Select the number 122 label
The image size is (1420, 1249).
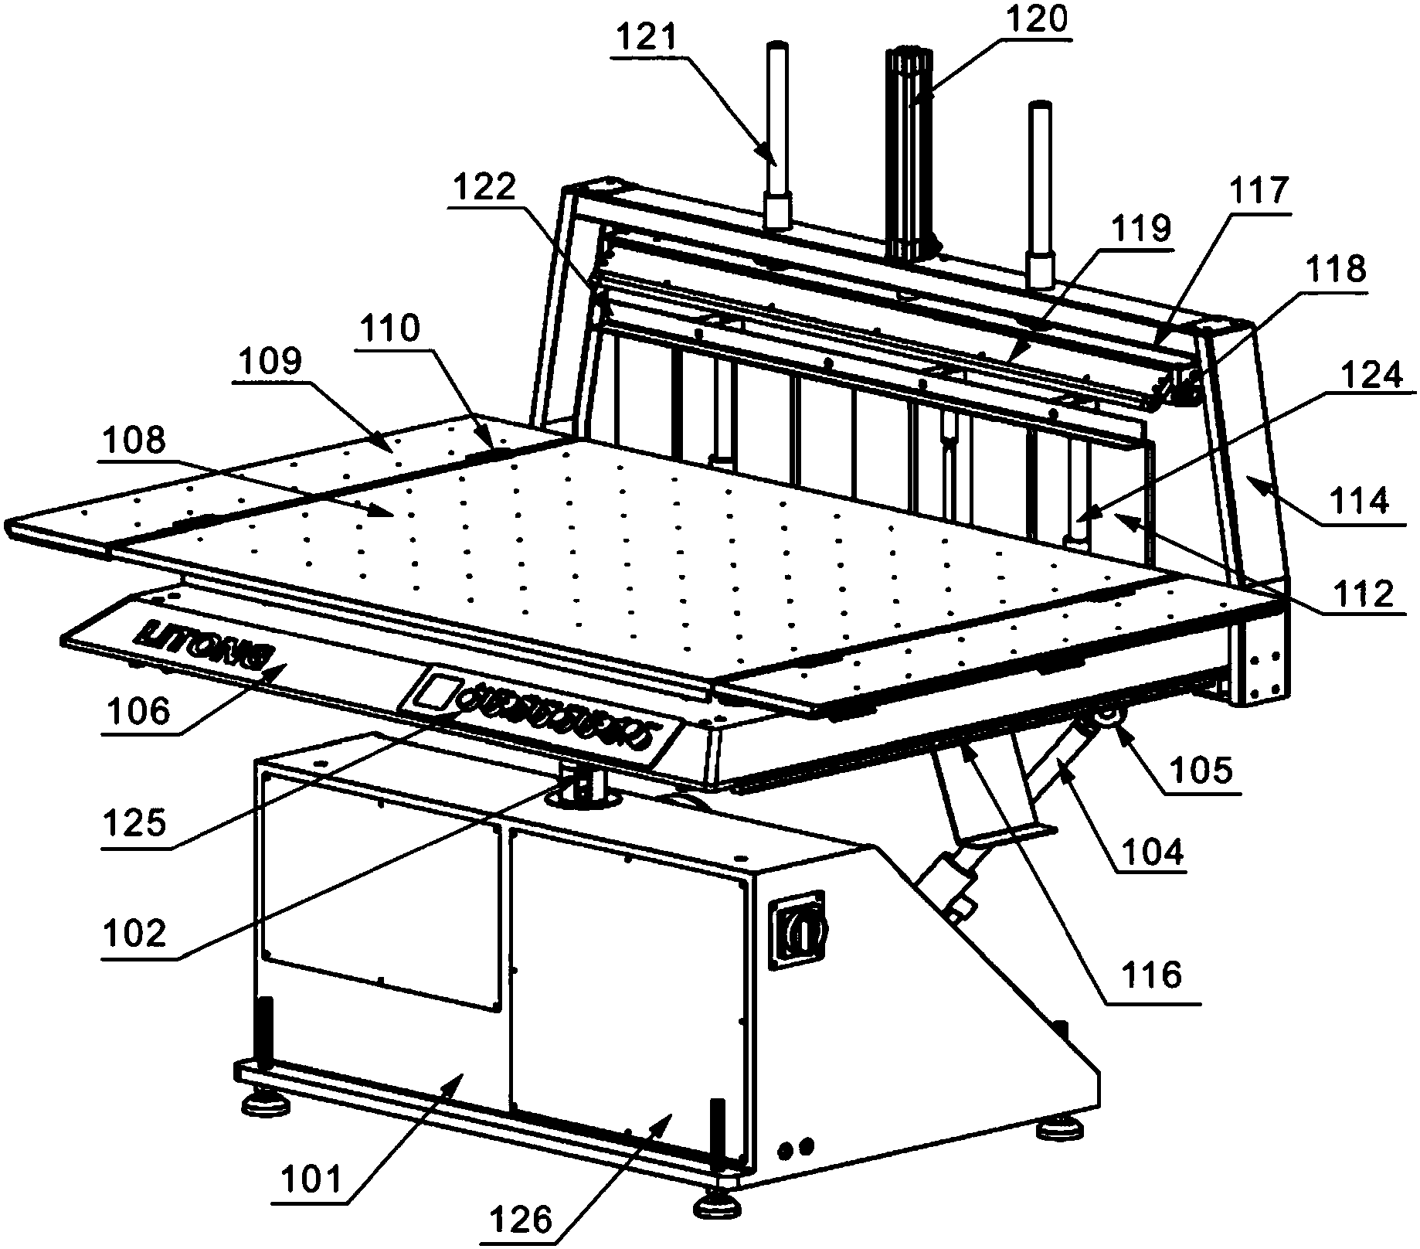click(485, 187)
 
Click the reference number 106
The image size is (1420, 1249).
click(138, 710)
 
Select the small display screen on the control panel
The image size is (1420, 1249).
click(434, 690)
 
